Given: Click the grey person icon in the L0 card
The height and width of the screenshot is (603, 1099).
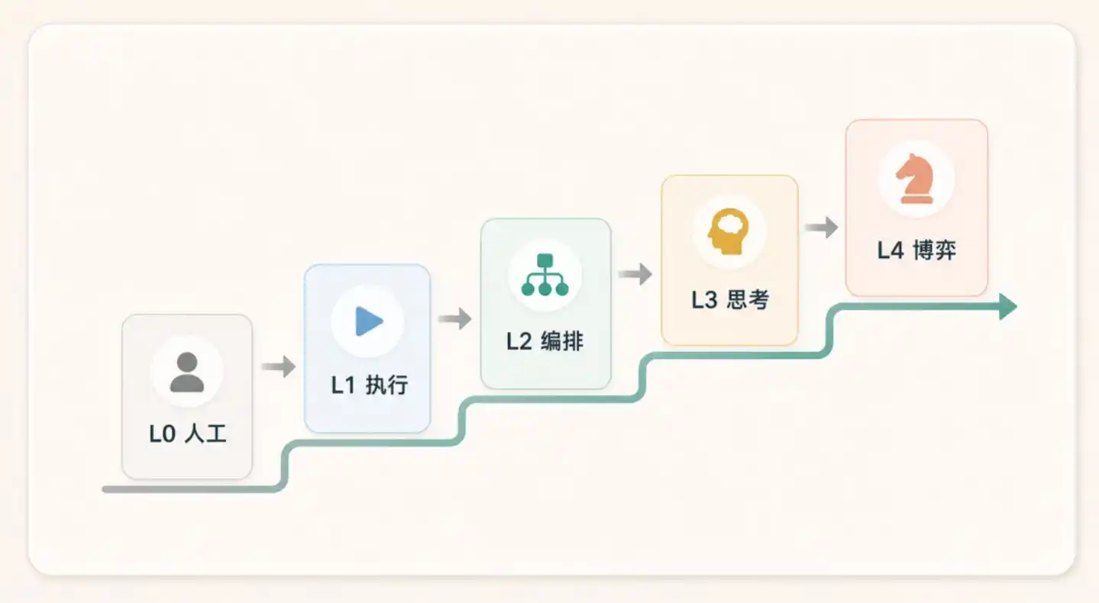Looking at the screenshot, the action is click(187, 372).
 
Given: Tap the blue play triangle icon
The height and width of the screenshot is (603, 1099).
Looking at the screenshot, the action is click(368, 321).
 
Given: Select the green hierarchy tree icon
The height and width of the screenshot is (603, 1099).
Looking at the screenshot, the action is click(545, 275).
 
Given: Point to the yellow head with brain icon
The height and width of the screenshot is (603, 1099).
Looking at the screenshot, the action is click(729, 231).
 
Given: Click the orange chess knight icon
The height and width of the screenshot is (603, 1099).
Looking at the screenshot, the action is click(915, 179).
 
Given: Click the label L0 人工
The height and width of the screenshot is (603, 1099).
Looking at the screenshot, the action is click(188, 434).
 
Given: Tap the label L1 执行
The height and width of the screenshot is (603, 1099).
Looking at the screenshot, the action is click(370, 385).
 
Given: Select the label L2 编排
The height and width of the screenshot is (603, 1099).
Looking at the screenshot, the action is click(545, 341).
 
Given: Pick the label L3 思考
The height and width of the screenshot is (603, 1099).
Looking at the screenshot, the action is click(730, 299).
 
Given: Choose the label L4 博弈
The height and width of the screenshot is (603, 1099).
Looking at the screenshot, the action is click(916, 250).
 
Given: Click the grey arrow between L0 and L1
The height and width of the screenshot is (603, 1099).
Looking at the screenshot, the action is click(278, 366).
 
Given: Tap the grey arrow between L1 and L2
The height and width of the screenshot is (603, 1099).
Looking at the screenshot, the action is click(455, 319).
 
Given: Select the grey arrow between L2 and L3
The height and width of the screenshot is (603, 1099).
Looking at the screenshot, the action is click(635, 273).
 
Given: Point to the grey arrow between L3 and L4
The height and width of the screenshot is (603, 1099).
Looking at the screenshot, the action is click(821, 227).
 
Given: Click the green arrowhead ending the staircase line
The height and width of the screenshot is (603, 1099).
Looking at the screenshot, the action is click(1008, 307).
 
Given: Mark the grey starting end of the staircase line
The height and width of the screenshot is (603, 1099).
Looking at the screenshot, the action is click(105, 489).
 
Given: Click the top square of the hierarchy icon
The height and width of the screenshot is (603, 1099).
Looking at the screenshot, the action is click(545, 260).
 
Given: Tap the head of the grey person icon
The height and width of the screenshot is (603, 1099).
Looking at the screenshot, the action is click(187, 363).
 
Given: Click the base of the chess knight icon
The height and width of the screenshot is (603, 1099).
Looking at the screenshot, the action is click(916, 198).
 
